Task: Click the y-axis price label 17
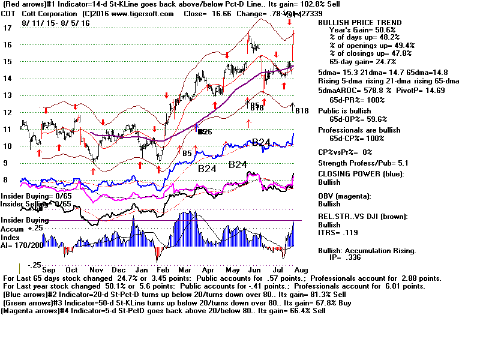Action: [x=8, y=28]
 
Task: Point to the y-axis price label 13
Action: [x=8, y=95]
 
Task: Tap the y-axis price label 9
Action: [x=7, y=163]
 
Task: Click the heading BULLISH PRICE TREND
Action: [x=359, y=22]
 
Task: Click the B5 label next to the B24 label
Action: [x=187, y=154]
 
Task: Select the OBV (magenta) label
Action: [x=346, y=197]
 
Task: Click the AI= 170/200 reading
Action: [x=23, y=244]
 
